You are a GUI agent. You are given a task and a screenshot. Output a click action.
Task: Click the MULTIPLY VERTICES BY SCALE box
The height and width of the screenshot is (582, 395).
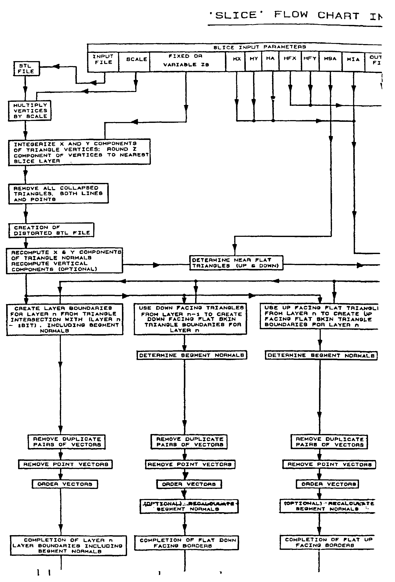pos(30,111)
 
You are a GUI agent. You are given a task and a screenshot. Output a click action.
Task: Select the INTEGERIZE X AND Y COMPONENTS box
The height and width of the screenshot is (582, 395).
pos(79,152)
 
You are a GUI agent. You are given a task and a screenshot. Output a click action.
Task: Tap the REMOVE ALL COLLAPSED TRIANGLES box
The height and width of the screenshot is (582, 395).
pos(58,194)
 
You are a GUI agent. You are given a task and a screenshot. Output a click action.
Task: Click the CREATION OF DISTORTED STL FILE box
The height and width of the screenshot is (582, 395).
pos(51,230)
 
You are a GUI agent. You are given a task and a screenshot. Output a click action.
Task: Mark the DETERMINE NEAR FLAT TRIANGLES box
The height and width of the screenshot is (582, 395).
pos(236,263)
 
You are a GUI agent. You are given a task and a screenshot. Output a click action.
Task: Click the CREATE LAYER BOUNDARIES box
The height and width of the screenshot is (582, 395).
pos(64,319)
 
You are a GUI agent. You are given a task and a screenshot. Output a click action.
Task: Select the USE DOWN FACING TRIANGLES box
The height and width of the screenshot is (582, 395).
pos(190,319)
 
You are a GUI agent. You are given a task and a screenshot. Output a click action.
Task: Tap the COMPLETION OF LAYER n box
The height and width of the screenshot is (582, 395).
pos(68,545)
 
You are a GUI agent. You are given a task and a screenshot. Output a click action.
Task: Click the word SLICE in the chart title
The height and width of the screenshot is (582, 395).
pos(236,15)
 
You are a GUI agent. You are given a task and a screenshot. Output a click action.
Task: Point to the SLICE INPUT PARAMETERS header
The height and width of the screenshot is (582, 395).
pos(259,47)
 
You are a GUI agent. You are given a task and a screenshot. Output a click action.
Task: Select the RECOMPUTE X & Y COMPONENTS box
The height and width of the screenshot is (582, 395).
pos(64,260)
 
